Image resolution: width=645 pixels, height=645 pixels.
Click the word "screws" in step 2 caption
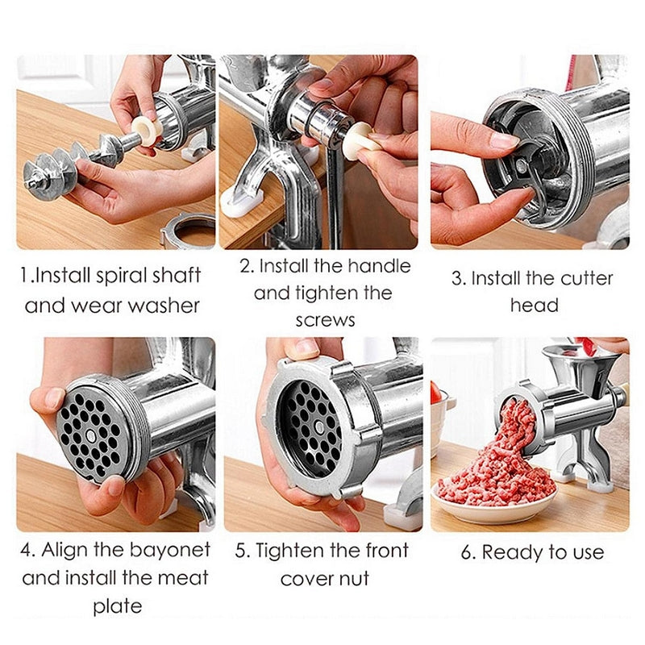click(x=325, y=319)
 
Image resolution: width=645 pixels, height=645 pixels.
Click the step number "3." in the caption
click(x=458, y=279)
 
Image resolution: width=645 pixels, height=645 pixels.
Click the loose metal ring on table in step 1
click(x=187, y=231)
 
